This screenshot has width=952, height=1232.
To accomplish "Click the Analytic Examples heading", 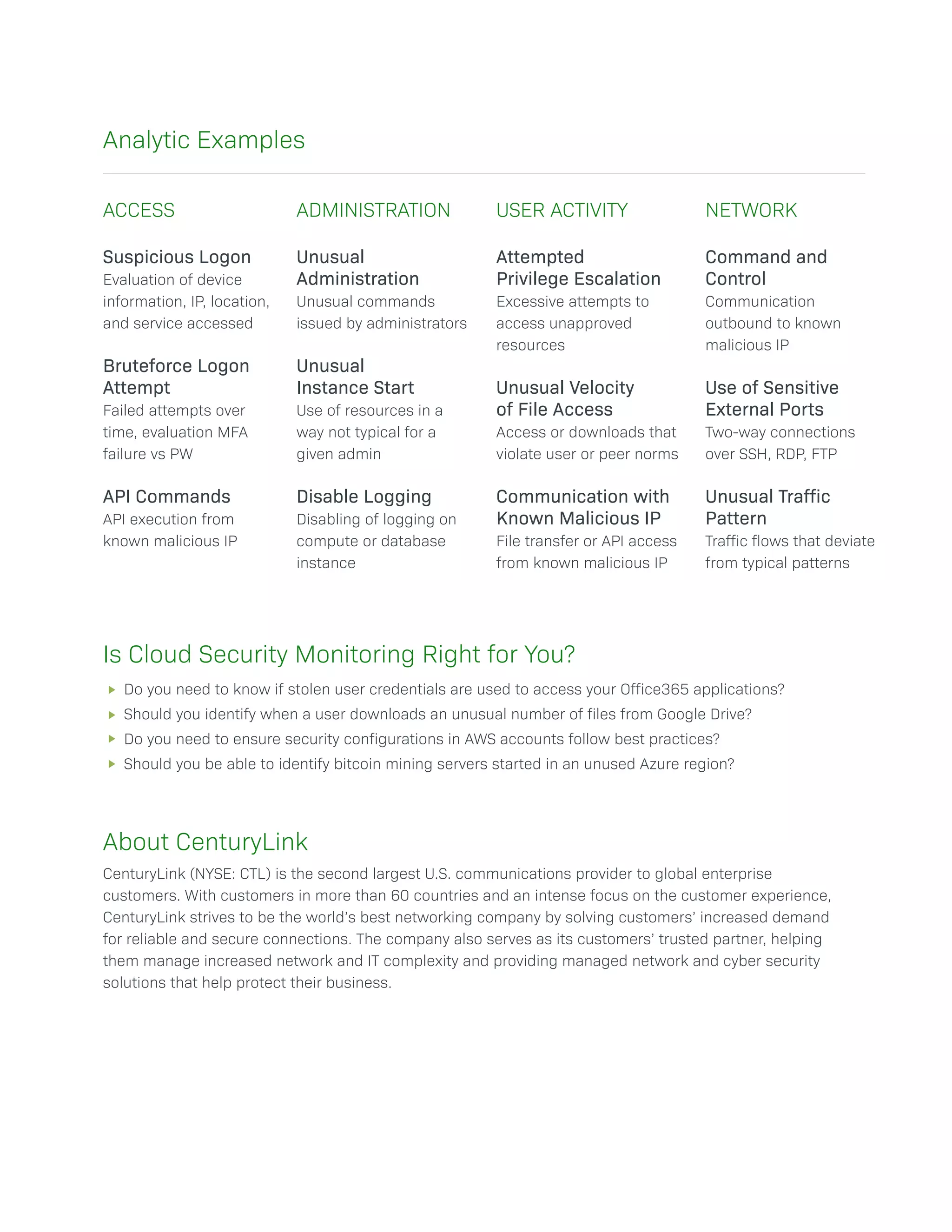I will [204, 140].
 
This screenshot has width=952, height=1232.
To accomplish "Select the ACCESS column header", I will [139, 211].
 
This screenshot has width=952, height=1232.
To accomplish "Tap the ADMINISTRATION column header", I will [373, 211].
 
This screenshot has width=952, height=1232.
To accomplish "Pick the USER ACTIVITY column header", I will [562, 211].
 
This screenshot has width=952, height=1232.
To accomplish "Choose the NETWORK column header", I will [751, 211].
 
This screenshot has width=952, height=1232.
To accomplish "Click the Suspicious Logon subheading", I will [177, 257].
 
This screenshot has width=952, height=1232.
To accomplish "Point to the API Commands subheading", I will [166, 497].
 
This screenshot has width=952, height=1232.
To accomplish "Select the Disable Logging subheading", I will [364, 497].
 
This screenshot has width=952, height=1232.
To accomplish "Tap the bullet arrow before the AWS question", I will [112, 739].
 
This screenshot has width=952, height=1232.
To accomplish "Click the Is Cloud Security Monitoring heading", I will [338, 655].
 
